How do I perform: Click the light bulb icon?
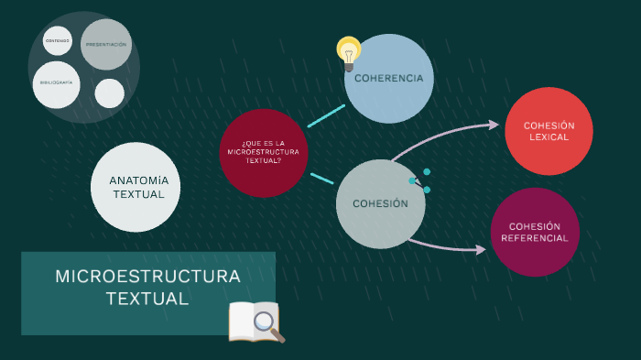(349, 52)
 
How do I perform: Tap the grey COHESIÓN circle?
(380, 204)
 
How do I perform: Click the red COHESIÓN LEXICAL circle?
(549, 131)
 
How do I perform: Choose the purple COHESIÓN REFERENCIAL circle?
(535, 232)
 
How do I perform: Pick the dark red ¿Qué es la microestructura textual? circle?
(263, 152)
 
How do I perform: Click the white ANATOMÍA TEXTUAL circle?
(136, 187)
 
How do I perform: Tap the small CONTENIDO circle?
(57, 40)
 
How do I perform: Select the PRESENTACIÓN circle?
(105, 44)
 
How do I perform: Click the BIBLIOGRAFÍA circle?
(56, 83)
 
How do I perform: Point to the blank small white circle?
(109, 93)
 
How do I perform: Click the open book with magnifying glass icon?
(255, 321)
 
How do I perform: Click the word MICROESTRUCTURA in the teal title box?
(147, 277)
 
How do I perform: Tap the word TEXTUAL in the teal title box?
(147, 299)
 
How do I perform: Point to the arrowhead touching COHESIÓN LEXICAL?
(495, 125)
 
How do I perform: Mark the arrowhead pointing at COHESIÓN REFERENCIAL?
(482, 249)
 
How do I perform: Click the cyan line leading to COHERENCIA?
(326, 115)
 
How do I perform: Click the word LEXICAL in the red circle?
(549, 137)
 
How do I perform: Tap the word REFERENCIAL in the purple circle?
(535, 238)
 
